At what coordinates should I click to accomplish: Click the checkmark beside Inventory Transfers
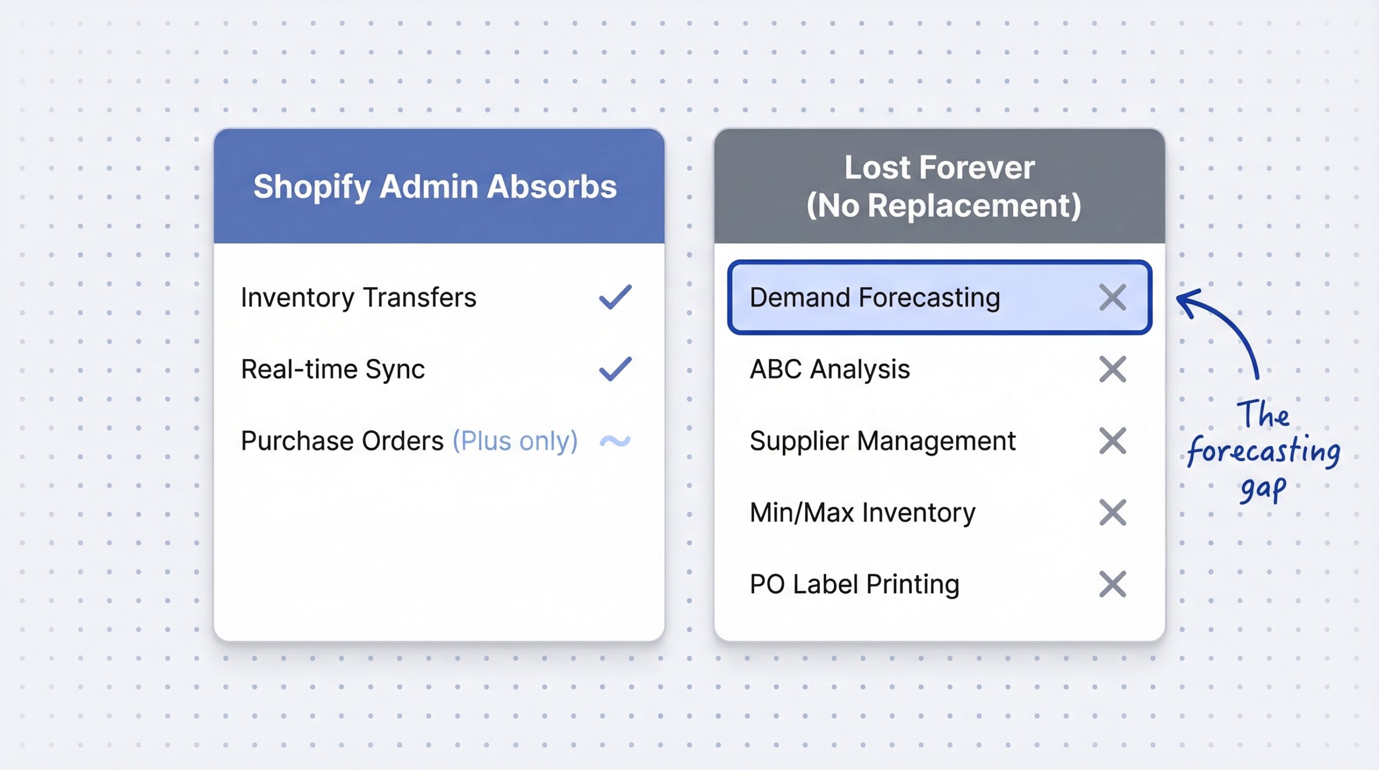coord(615,297)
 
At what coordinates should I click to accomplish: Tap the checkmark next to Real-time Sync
coord(615,369)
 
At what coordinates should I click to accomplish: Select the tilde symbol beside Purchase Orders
coord(615,441)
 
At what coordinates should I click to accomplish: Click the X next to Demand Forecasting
coord(1112,297)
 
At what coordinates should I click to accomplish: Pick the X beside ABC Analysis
coord(1112,369)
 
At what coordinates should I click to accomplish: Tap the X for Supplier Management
coord(1112,441)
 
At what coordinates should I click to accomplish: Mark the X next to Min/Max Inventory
coord(1112,512)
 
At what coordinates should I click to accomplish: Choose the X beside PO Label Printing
coord(1112,584)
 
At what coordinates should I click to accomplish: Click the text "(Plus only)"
coord(515,441)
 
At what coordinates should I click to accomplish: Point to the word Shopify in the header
coord(312,187)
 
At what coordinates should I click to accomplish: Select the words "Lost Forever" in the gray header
coord(939,167)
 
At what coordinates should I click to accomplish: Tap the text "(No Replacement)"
coord(944,206)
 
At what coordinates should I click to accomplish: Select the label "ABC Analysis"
coord(830,369)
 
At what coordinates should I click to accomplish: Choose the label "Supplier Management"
coord(882,441)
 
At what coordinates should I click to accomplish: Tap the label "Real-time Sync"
coord(333,369)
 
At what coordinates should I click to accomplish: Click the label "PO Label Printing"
coord(854,584)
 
